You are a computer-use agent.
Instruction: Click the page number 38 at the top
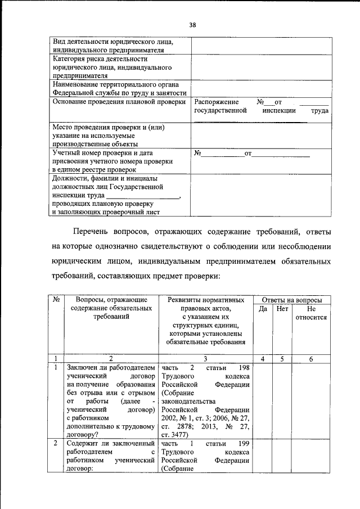[x=192, y=25]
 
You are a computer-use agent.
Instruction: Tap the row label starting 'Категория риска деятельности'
[x=100, y=66]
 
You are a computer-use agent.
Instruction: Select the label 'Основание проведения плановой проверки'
[x=119, y=102]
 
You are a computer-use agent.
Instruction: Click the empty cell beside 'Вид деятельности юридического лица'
[x=260, y=46]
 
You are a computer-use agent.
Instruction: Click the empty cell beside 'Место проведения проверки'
[x=260, y=135]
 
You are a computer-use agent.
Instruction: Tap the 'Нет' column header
[x=283, y=309]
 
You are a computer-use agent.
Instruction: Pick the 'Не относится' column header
[x=311, y=313]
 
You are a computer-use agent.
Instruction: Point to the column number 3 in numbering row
[x=205, y=358]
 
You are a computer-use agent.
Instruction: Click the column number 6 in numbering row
[x=311, y=358]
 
